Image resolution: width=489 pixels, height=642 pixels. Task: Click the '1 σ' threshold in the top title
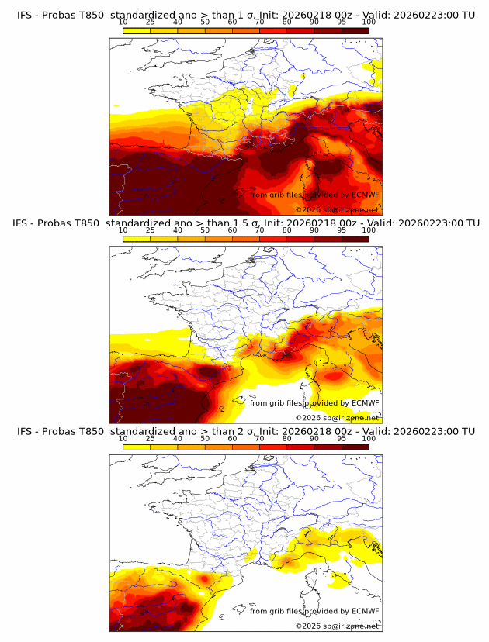tap(251, 16)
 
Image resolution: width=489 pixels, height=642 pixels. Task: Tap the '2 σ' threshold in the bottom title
tap(251, 431)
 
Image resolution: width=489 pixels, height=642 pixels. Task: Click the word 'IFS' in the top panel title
tap(26, 16)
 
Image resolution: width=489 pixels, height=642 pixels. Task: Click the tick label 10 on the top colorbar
tap(123, 23)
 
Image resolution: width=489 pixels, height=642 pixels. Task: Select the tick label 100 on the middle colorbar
tap(369, 230)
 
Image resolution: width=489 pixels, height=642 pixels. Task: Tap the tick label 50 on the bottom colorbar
tap(205, 438)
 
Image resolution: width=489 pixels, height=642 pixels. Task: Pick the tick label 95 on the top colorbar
tap(342, 23)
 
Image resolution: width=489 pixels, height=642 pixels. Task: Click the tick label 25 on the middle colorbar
tap(151, 230)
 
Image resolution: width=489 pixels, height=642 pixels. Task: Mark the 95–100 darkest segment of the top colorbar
tap(355, 30)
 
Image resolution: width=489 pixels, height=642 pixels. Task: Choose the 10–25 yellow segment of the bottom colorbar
tap(137, 447)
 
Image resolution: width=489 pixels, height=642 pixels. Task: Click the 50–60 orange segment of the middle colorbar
tap(218, 238)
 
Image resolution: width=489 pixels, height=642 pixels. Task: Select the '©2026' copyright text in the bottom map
tap(308, 626)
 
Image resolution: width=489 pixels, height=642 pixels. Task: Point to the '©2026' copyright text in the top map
tap(308, 209)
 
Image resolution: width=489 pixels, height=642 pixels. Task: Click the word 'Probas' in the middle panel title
tap(59, 223)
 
